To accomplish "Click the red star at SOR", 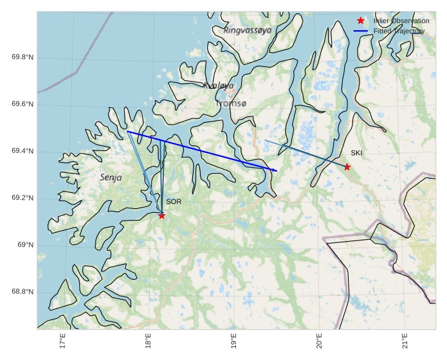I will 161,215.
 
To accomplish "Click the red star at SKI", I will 347,166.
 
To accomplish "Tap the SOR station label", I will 174,202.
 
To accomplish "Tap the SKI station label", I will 356,153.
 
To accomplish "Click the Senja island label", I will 111,177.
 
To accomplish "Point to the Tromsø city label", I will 231,104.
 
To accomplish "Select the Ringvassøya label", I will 248,30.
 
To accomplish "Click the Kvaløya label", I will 218,85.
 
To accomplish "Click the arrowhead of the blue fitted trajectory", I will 276,170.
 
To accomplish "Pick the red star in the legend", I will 361,21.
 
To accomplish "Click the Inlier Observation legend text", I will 401,21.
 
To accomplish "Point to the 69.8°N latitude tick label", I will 23,58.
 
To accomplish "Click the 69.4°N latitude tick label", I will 23,152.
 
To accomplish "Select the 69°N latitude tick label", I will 25,246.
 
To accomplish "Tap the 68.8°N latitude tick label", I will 23,292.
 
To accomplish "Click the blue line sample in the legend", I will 360,31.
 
